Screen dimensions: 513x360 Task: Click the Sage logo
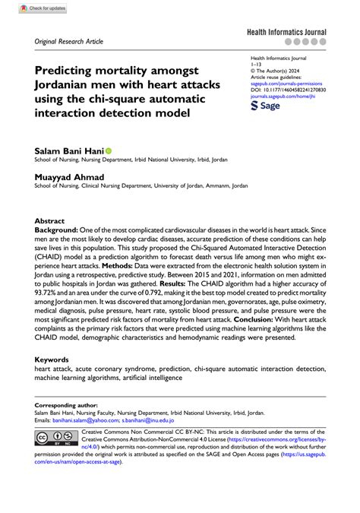[266, 107]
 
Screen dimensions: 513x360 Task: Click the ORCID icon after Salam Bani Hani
[108, 151]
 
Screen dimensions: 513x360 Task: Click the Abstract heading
[50, 220]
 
